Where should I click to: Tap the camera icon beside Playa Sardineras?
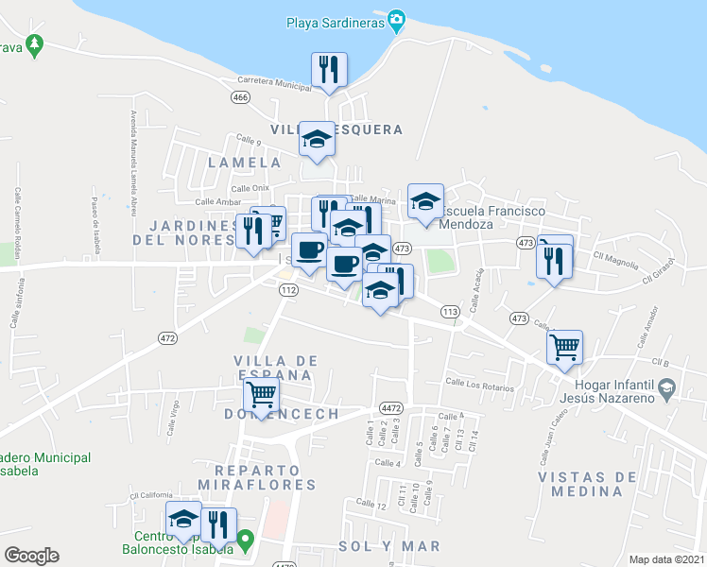click(397, 19)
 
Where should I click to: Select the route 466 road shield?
click(240, 96)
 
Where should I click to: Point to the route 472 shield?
click(168, 338)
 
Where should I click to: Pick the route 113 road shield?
click(450, 311)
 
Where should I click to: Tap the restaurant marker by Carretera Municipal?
click(329, 70)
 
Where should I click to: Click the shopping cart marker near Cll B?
click(564, 347)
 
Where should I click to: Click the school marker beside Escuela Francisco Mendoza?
click(425, 201)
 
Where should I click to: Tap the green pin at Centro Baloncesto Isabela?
click(246, 541)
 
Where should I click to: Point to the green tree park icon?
click(35, 43)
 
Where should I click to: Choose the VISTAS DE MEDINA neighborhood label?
click(587, 484)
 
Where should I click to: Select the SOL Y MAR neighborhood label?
click(389, 546)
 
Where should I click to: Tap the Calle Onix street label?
click(250, 188)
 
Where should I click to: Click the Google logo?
click(31, 556)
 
